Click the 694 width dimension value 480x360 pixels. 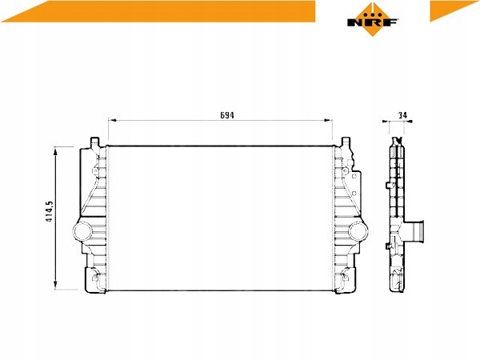coord(227,115)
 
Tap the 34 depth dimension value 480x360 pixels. coord(403,115)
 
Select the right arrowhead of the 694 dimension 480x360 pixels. coord(330,120)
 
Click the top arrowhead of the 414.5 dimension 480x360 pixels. coord(55,150)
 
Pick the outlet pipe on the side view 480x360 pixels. coord(417,231)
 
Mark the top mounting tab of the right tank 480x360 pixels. coord(346,144)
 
